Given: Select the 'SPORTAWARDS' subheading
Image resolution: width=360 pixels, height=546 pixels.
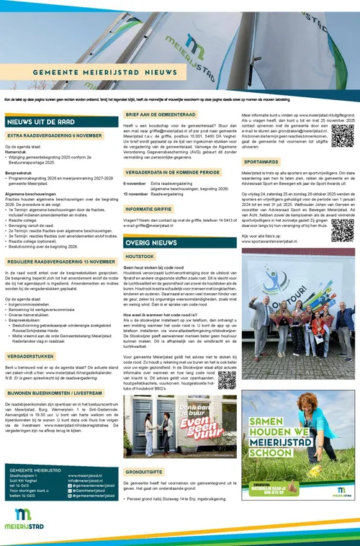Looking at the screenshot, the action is click(261, 162).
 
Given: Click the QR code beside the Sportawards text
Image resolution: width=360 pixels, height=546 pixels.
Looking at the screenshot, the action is click(343, 231).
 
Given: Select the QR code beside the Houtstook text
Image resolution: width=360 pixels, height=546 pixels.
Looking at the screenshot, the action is click(227, 380).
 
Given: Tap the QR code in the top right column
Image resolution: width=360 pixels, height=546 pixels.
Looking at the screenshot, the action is click(342, 135).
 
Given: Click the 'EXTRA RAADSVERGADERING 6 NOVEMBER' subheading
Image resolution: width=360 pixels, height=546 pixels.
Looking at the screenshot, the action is click(55, 135).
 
